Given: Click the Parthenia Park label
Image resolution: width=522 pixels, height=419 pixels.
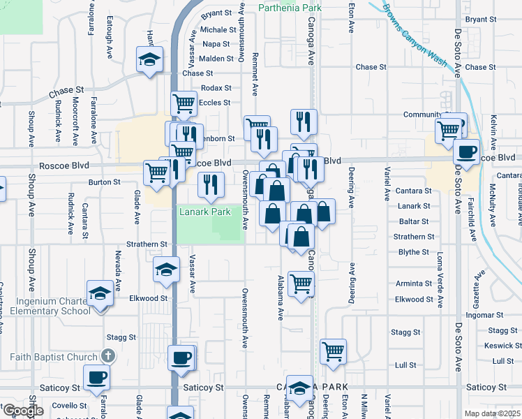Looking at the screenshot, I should click(290, 8).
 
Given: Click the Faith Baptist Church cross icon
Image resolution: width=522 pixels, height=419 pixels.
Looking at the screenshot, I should click(107, 356).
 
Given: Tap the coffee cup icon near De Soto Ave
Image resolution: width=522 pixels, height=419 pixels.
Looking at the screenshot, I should click(466, 151).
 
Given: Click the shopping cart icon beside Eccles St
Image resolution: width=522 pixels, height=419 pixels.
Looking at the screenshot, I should click(184, 103).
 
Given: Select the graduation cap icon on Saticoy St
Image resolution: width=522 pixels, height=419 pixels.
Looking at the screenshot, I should click(300, 388).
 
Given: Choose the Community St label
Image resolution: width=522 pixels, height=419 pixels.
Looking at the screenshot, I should click(424, 115).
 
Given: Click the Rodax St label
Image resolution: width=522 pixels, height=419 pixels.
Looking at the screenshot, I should click(216, 88).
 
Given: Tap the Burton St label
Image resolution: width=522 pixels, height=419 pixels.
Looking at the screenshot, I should click(105, 182).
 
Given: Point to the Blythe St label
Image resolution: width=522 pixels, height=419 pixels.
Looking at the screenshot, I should click(414, 252).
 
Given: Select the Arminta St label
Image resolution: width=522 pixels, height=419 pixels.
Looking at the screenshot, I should click(414, 284).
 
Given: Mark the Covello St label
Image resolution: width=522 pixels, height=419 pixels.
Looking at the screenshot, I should click(68, 406).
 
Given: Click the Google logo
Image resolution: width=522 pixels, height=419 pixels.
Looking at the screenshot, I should click(23, 411).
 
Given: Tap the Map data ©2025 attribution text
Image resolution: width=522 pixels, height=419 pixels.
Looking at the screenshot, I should click(491, 413).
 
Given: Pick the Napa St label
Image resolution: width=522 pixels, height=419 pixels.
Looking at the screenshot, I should click(216, 44).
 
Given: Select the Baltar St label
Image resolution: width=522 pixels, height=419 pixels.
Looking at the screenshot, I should click(414, 221).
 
